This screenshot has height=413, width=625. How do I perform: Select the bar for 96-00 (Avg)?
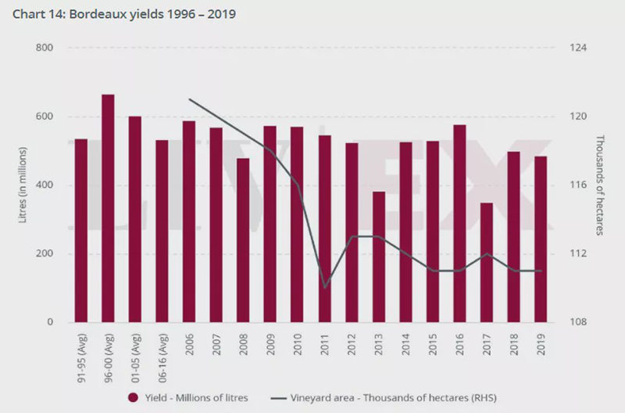[108, 208]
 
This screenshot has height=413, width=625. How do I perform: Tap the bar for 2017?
[486, 262]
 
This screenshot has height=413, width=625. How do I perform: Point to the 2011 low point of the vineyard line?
[324, 288]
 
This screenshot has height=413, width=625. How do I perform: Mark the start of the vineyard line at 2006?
[189, 99]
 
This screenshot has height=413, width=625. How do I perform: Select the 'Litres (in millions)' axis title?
[23, 185]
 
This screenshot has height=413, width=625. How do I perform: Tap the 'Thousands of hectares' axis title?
[601, 185]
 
